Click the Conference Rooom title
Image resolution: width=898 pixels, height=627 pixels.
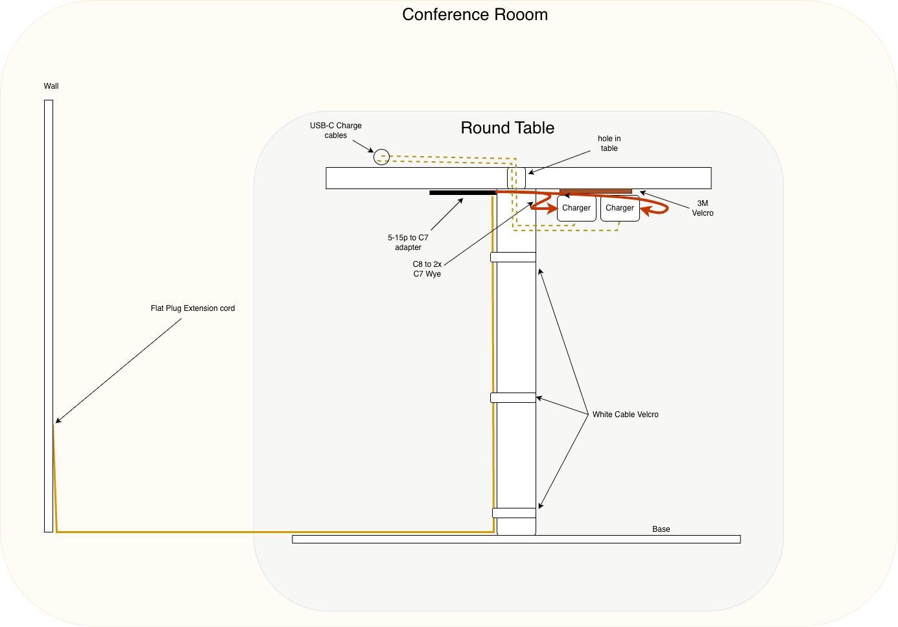coord(475,15)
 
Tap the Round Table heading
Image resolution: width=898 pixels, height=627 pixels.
coord(507,128)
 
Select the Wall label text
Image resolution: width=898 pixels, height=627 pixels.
coord(51,86)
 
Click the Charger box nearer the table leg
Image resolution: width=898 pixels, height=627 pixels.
coord(576,208)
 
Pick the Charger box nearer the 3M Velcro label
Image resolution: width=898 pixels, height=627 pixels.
coord(620,208)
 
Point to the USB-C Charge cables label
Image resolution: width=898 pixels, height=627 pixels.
coord(336,131)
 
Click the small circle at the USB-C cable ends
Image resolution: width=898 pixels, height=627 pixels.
coord(381,157)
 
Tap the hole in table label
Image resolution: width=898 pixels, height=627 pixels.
coord(609,143)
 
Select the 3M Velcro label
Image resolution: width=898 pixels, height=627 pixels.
coord(702,208)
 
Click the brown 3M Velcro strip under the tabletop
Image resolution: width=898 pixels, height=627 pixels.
coord(596,191)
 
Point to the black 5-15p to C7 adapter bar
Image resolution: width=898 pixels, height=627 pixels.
coord(463,192)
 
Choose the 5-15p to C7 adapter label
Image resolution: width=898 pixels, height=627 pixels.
coord(408,243)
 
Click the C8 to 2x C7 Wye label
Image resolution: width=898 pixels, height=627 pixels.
coord(427,269)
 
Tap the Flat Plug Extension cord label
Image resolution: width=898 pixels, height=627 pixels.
coord(193,308)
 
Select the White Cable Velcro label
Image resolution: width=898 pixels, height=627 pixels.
coord(626,415)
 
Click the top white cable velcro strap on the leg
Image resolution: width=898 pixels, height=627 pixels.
coord(513,257)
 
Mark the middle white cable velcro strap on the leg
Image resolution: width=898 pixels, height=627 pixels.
coord(513,398)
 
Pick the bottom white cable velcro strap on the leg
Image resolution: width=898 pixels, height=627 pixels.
coord(514,513)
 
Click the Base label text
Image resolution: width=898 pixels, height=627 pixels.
coord(661,529)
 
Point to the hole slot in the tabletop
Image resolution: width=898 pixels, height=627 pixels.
coord(516,178)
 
